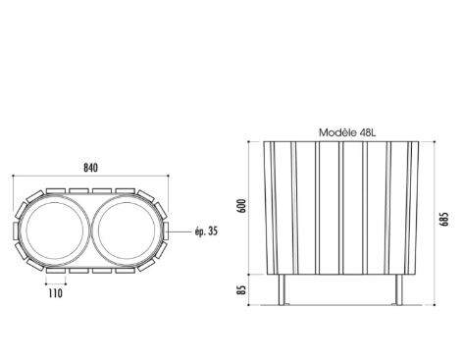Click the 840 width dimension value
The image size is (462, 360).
coord(90,168)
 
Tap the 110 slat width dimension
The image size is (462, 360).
coord(55,293)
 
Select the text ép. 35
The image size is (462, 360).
coord(206,231)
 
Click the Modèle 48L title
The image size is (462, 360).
coord(347,132)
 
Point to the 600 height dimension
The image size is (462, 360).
coord(242,206)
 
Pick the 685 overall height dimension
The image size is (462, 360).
coord(445,220)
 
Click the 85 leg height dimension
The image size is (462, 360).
coord(241,289)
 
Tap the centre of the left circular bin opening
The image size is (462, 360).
coord(55,231)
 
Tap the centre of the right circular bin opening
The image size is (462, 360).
coord(127,231)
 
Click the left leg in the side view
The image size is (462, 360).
coord(282,289)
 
